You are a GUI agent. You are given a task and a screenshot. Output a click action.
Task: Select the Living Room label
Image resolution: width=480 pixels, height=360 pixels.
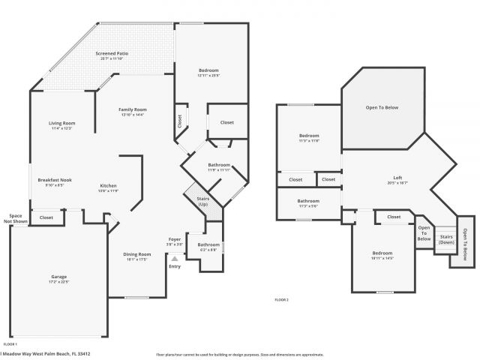[x=62, y=123]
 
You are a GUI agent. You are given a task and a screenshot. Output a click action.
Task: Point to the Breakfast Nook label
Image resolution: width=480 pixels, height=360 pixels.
[x=55, y=179]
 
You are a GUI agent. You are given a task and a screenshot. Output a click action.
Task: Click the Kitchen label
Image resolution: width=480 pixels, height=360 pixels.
[x=109, y=186]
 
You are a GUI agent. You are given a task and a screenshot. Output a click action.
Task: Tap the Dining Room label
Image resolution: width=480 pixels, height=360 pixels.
[x=136, y=254]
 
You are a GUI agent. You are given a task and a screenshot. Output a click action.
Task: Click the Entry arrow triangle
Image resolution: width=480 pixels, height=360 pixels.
[x=175, y=257]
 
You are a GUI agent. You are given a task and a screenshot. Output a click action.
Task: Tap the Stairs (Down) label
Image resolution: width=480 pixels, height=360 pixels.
[x=446, y=239]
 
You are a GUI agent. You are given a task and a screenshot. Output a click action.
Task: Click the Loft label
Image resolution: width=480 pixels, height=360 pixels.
[x=397, y=178]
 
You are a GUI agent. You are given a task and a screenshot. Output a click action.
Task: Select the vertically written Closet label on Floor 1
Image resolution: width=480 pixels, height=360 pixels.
[x=179, y=121]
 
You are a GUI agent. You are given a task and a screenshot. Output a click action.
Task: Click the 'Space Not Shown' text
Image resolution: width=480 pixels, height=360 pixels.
[x=16, y=218]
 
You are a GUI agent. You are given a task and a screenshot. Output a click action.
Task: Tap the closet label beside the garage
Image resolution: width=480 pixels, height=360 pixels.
[x=46, y=217]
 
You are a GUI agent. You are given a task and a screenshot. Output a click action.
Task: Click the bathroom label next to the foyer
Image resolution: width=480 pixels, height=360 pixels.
[x=208, y=244]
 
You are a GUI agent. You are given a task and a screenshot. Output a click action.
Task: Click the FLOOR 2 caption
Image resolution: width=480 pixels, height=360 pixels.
[x=281, y=299]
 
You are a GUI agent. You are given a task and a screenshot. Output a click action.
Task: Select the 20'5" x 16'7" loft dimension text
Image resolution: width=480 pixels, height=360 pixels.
[x=397, y=183]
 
